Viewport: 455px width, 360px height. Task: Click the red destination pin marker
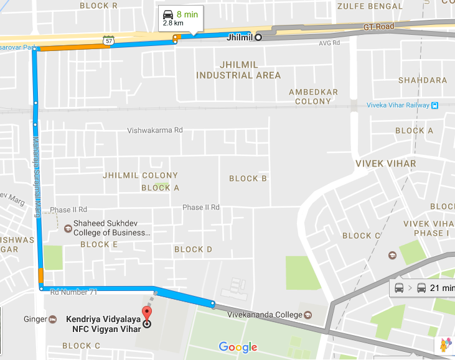[147, 314]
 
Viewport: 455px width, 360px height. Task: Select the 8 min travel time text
[187, 14]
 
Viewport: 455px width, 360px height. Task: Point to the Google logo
[238, 347]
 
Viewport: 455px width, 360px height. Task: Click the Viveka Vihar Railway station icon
[434, 105]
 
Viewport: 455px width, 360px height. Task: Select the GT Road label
[379, 27]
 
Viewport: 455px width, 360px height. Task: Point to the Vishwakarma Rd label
[155, 131]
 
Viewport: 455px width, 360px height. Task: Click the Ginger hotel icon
[53, 320]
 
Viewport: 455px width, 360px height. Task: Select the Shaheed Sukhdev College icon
[67, 228]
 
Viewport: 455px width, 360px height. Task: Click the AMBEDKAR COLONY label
[313, 96]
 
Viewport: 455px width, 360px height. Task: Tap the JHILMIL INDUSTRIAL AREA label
[238, 70]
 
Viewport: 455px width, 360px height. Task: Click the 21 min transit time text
[442, 288]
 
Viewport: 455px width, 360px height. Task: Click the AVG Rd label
[329, 44]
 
